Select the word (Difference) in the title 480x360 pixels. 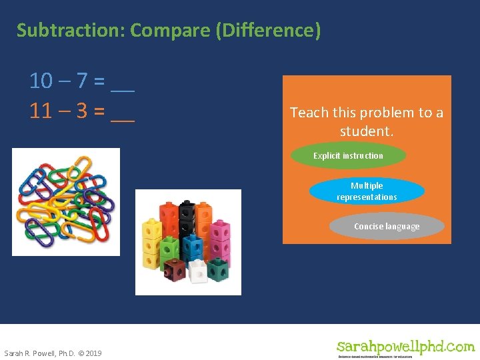coord(269,31)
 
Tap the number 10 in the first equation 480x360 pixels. coord(41,81)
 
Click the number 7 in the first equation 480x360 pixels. coord(81,81)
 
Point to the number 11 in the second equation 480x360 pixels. coord(41,111)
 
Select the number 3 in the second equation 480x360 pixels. coord(81,111)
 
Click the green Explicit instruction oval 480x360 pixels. coord(349,156)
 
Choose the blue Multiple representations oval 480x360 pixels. coord(367,191)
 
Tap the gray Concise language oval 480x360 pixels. coord(387,227)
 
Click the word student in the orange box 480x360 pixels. coord(365,131)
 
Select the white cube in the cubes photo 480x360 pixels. coord(198,271)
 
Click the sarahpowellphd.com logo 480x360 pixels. coord(405,347)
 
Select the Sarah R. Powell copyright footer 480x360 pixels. coord(53,353)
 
